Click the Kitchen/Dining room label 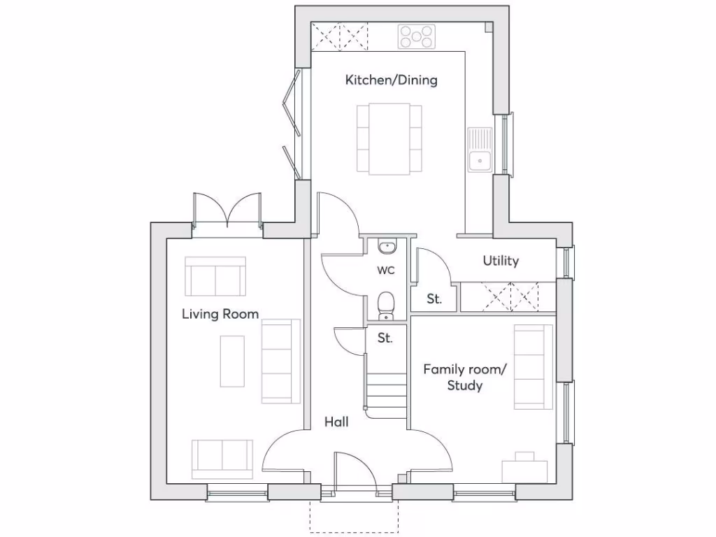[x=391, y=80]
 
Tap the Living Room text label [x=220, y=314]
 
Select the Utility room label [x=501, y=261]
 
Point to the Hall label [x=336, y=422]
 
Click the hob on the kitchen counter [x=417, y=36]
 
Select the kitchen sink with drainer [x=480, y=150]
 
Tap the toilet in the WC [x=385, y=306]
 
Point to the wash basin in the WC [x=386, y=246]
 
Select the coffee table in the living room [x=232, y=361]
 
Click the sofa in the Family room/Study [x=533, y=366]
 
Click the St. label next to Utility [x=434, y=299]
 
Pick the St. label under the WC [x=385, y=338]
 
